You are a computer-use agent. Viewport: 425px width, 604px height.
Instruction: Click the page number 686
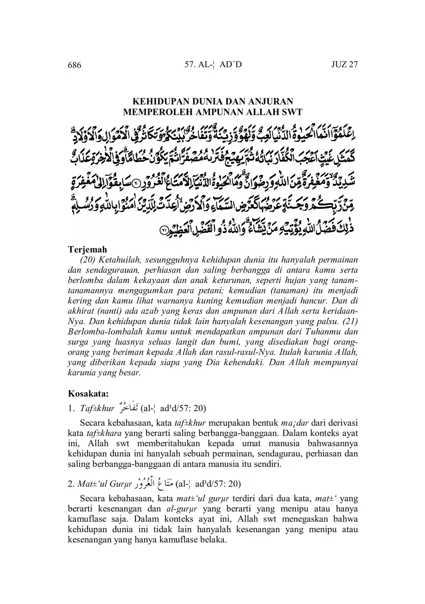(x=75, y=65)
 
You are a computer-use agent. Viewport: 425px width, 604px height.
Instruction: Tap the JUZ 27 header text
(x=344, y=65)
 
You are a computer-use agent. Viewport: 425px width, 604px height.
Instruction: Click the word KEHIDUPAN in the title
(x=158, y=101)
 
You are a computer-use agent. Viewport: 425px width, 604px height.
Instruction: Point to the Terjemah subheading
(x=87, y=249)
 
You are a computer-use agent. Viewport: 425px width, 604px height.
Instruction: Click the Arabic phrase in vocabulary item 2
(x=154, y=483)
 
